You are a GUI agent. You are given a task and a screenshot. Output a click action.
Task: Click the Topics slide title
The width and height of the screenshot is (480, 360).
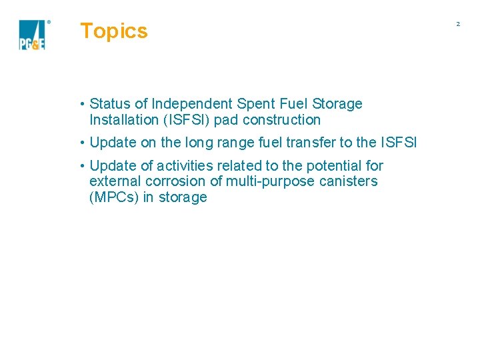point(113,31)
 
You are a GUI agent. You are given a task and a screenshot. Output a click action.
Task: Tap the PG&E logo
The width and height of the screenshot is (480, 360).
point(33,35)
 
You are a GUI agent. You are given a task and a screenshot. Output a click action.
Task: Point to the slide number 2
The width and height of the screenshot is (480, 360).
point(458,24)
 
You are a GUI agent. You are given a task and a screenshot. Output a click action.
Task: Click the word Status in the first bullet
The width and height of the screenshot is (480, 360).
point(109,104)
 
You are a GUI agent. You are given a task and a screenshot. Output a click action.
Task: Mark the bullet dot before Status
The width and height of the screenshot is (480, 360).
point(81,104)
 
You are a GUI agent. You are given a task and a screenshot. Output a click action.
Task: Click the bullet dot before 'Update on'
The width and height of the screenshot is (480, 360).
point(81,143)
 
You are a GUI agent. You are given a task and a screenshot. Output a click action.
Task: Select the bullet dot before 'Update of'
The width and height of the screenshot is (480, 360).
point(81,165)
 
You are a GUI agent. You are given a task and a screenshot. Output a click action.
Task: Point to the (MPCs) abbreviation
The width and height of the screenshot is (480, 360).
point(114,197)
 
